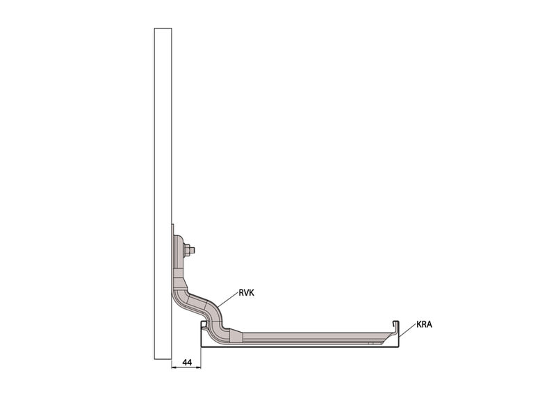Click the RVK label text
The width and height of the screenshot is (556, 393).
(x=247, y=293)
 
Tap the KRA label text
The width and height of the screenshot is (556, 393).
(x=424, y=324)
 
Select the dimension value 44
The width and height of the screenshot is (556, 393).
(x=187, y=362)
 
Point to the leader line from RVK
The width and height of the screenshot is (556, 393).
(x=228, y=299)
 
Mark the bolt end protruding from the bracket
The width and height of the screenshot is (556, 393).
(x=193, y=251)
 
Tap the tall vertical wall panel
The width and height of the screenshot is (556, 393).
(x=163, y=194)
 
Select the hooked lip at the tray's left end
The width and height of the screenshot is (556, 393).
(x=204, y=324)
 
